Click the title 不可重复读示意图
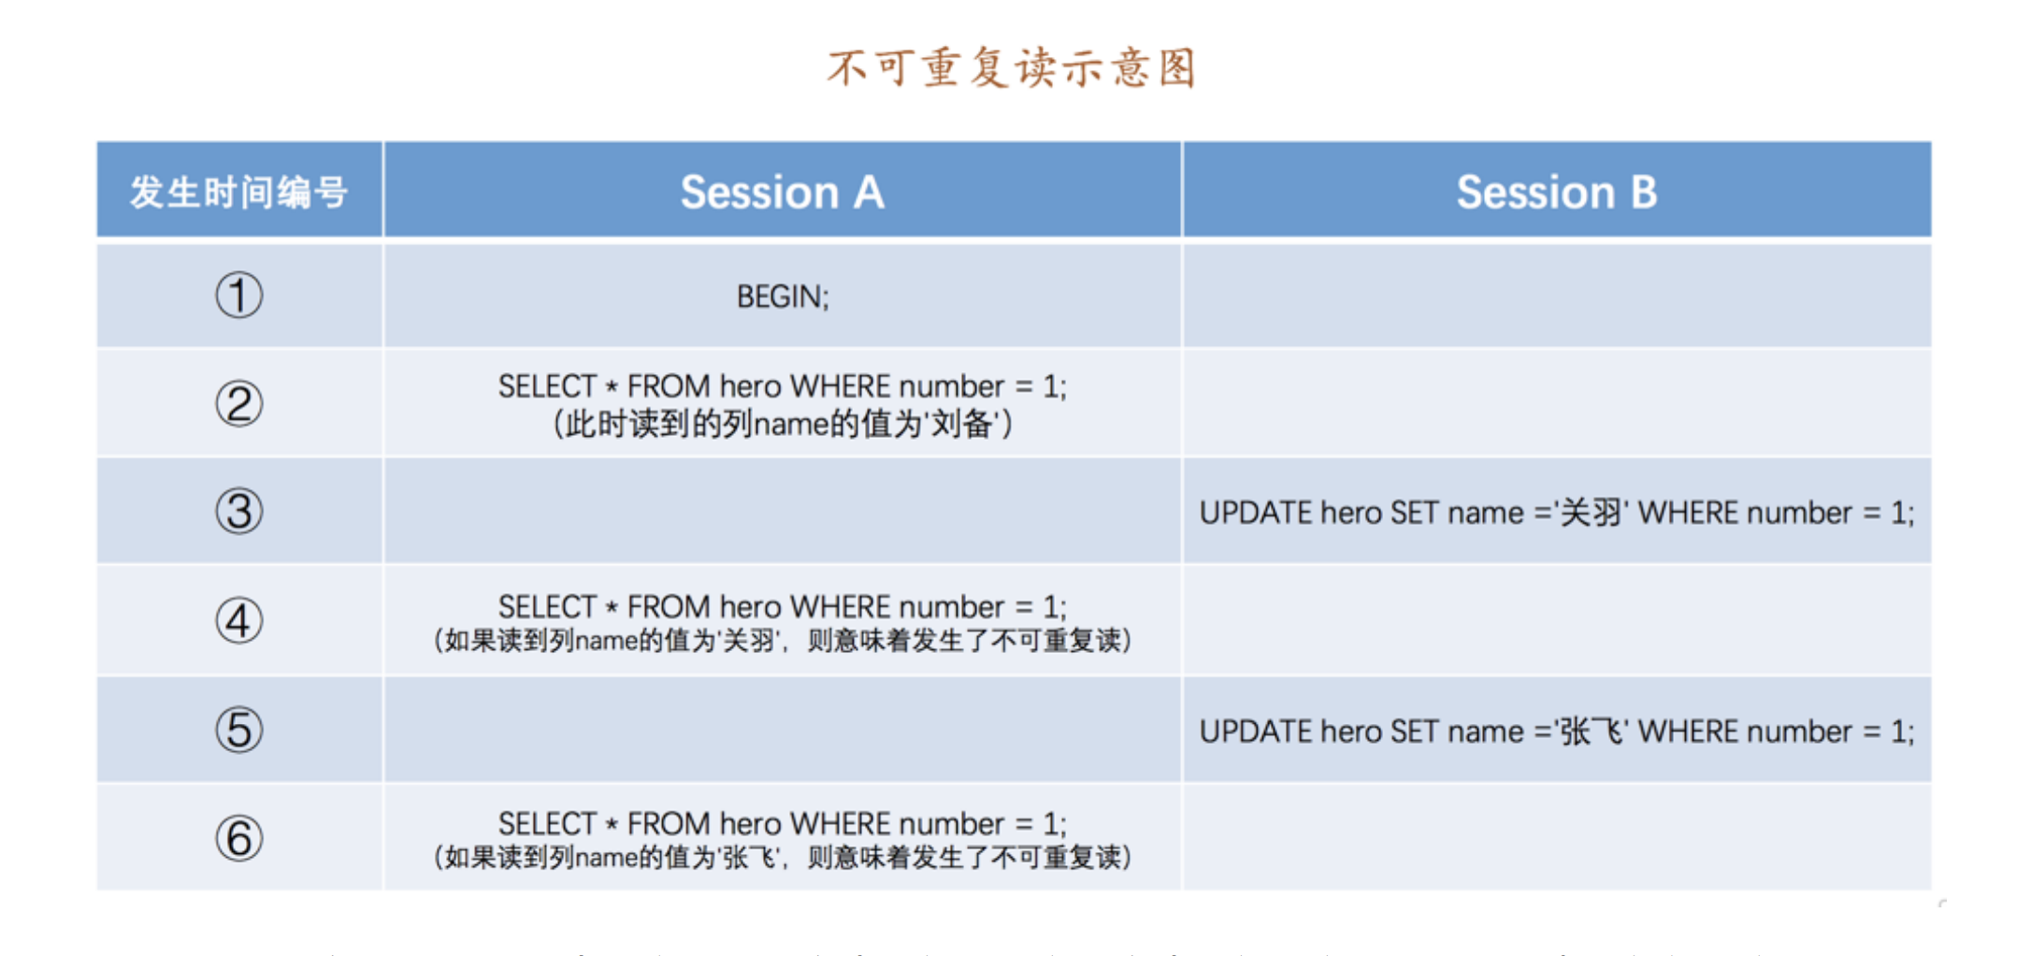1012,68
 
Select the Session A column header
783,192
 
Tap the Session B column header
1557,192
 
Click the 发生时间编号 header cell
239,192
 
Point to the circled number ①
239,296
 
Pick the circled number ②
239,404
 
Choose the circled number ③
239,512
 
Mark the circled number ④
239,621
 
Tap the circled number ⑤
239,730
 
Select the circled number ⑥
239,838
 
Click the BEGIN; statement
783,297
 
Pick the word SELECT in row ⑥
547,824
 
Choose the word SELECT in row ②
547,386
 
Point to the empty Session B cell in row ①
1557,296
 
